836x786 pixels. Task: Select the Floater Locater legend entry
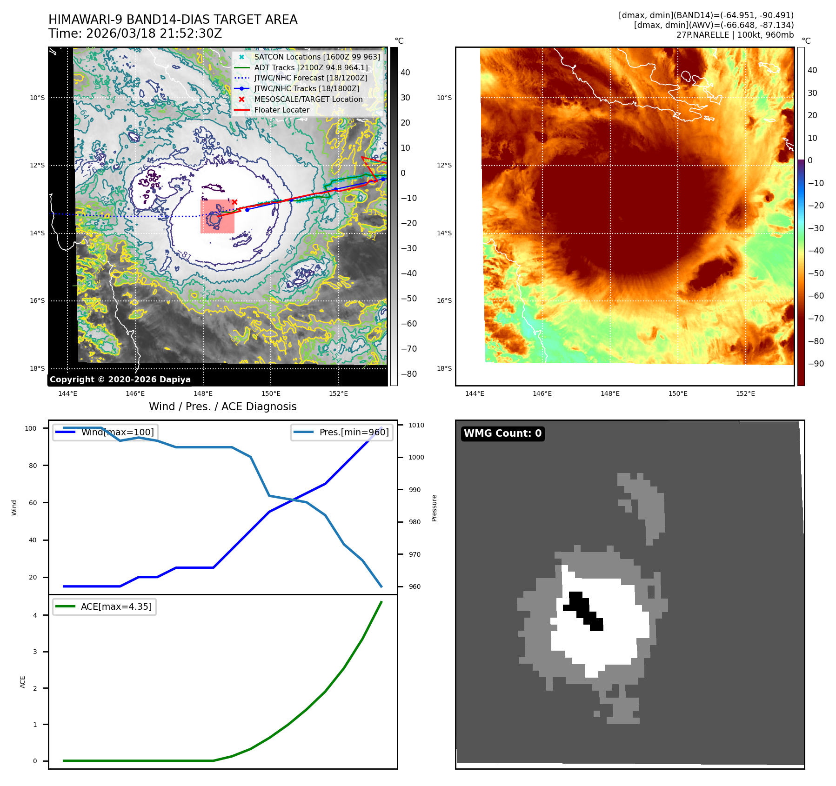coord(281,110)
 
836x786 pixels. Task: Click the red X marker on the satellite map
coord(235,202)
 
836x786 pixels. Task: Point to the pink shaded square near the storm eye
coord(217,216)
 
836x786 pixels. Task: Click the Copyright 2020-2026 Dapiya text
coord(120,379)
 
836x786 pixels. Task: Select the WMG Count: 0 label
coord(502,433)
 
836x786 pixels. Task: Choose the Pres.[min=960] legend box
coord(341,432)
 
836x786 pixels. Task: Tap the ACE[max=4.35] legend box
coord(104,606)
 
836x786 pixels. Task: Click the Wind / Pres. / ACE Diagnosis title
coord(222,406)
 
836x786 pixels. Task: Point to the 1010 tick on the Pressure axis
coord(416,425)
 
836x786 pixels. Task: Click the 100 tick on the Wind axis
coord(31,428)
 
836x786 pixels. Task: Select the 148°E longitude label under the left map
coord(203,393)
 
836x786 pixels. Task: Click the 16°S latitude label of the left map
coord(37,300)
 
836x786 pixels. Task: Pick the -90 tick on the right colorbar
coord(815,364)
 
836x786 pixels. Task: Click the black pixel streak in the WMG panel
coord(583,611)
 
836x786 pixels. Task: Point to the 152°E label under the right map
coord(745,393)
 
